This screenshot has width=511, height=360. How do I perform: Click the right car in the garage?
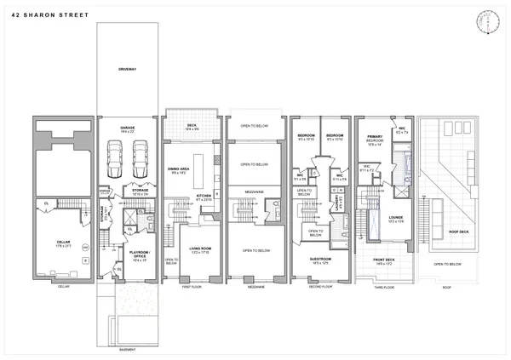click(140, 158)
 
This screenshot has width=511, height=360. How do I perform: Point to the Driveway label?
click(129, 69)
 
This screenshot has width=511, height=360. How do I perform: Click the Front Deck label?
click(382, 260)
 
